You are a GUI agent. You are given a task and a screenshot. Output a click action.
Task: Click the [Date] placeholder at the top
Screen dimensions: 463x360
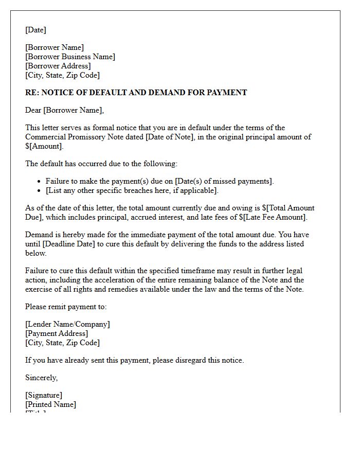coord(35,30)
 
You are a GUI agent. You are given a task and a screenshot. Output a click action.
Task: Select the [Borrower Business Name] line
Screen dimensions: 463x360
coord(70,57)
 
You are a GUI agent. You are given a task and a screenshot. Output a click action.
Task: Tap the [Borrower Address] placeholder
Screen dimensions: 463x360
coord(58,66)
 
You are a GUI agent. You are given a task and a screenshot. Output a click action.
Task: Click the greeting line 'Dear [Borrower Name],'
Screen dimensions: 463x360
coord(64,110)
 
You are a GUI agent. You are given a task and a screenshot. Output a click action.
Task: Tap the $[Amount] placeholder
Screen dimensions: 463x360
coord(44,146)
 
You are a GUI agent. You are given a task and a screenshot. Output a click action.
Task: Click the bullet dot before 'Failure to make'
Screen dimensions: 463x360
coord(40,182)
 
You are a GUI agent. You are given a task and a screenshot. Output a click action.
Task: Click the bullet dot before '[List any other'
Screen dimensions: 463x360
coord(40,191)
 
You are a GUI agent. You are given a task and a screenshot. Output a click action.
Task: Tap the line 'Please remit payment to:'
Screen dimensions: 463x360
coord(66,307)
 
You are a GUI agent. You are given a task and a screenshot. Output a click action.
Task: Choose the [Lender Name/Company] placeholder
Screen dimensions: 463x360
coord(67,324)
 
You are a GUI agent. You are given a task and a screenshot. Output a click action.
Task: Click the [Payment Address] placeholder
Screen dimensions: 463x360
coord(57,333)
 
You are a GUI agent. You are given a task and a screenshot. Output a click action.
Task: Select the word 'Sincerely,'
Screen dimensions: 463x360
coord(42,378)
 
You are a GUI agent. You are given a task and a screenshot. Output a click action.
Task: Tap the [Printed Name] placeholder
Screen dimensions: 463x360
coord(50,404)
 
